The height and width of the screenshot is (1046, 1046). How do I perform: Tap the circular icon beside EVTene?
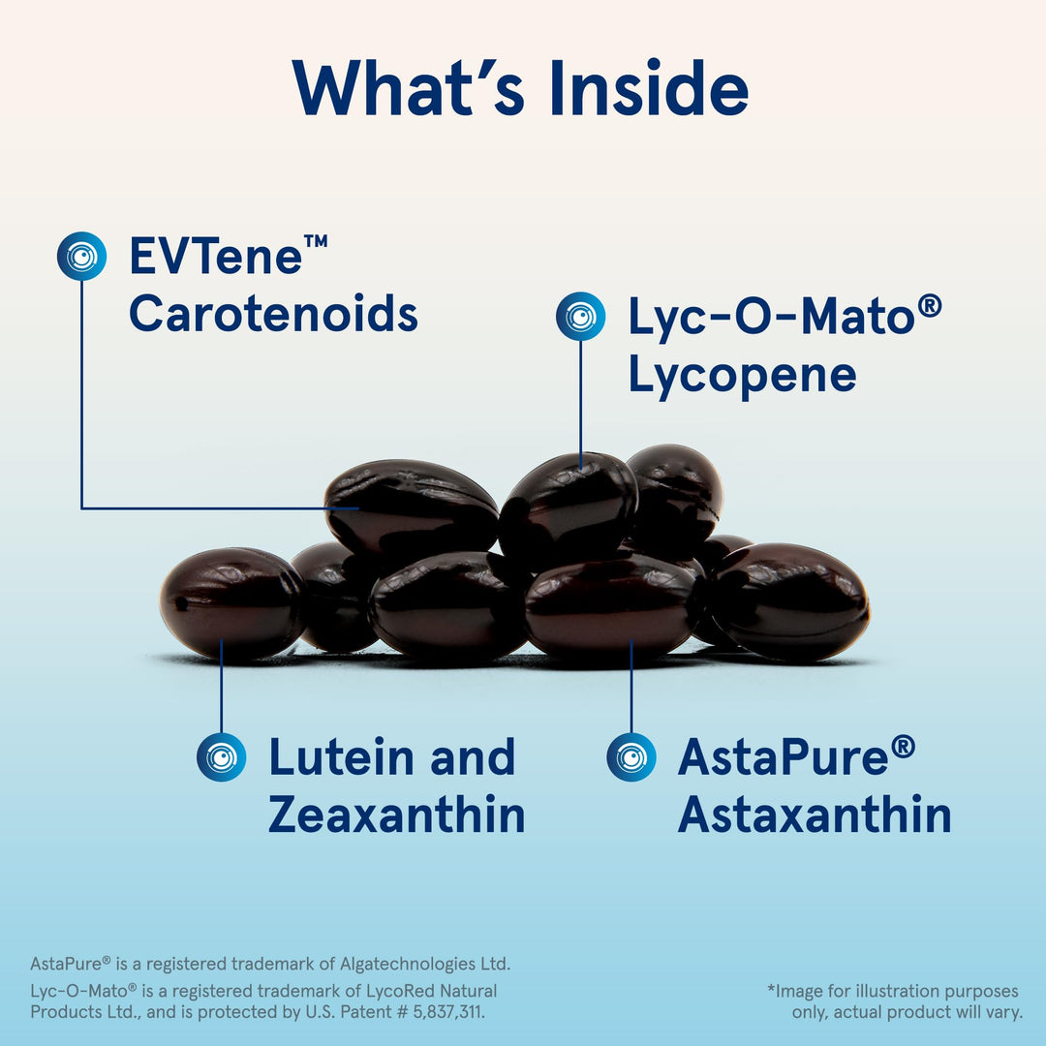tap(81, 257)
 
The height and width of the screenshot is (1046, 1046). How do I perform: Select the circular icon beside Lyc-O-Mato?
tap(580, 316)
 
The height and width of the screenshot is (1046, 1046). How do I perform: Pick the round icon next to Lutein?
tap(221, 756)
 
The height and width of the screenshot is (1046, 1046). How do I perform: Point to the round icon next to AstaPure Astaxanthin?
tap(631, 756)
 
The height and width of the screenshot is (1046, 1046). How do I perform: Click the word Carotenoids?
tap(273, 313)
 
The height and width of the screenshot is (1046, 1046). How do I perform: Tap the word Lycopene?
tap(742, 375)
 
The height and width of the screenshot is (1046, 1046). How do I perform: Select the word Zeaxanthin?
tap(396, 815)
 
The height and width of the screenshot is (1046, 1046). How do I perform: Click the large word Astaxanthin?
tap(814, 815)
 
